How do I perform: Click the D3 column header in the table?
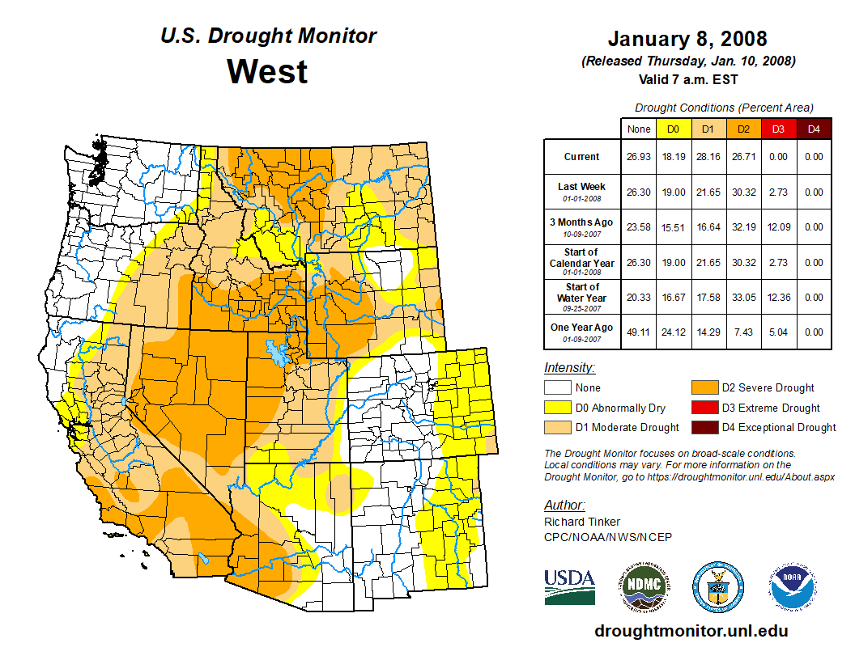(778, 129)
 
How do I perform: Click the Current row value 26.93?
(639, 157)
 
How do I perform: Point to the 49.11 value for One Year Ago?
(639, 332)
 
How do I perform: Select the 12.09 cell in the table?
(778, 227)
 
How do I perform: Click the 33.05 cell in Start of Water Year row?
(742, 297)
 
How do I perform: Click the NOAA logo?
(793, 587)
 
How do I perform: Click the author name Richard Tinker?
(582, 522)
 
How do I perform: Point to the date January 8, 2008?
(687, 39)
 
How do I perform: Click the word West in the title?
(267, 71)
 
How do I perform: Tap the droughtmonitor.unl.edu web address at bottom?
(691, 631)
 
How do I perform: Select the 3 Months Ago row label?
(581, 222)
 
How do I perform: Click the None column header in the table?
(639, 129)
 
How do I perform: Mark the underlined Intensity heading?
(569, 367)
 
